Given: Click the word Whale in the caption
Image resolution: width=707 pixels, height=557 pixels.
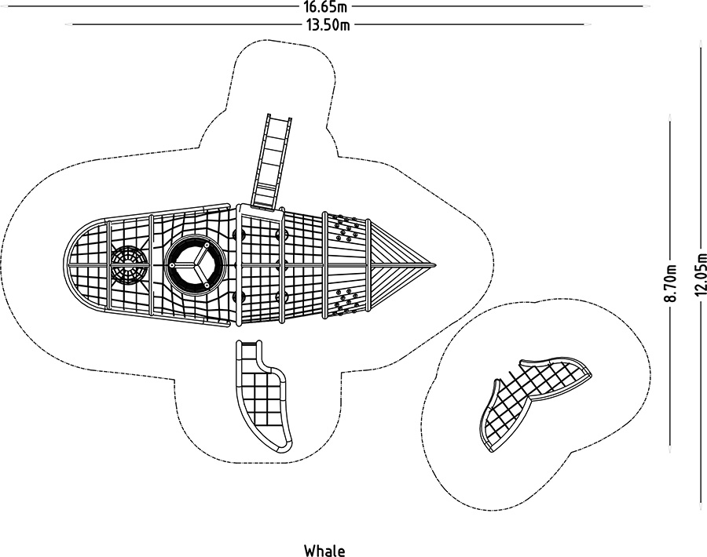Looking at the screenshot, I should [324, 551].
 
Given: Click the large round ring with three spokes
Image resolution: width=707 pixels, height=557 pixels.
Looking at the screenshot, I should [192, 265].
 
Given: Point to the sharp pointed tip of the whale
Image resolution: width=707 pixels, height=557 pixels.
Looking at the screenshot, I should [434, 266].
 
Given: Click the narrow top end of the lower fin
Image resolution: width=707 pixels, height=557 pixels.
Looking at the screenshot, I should [249, 345].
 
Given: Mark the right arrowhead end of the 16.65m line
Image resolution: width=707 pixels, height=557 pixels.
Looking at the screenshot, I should [648, 6].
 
